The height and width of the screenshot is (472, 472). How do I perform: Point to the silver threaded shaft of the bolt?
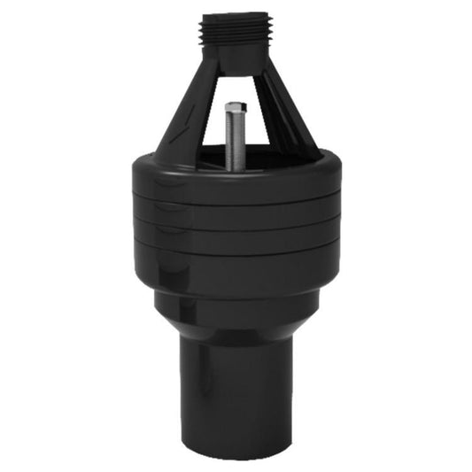pyautogui.click(x=234, y=142)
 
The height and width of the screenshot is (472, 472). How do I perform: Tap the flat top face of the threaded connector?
pyautogui.click(x=235, y=15)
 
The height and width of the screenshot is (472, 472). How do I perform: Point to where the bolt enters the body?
pyautogui.click(x=235, y=166)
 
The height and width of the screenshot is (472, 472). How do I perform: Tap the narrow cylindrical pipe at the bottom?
pyautogui.click(x=235, y=390)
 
